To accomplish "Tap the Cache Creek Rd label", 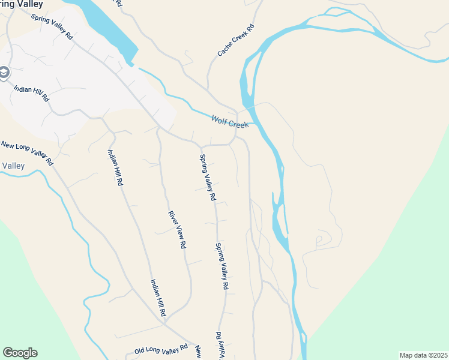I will point(236,41).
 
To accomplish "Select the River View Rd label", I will point(177,230).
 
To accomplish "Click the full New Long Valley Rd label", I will point(27,153).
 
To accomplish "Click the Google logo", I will point(20,353).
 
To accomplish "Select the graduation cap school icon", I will point(4,73).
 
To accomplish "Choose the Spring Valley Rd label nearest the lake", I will point(52,28).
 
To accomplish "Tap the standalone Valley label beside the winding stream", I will point(13,166).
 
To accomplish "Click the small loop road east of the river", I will point(319,240).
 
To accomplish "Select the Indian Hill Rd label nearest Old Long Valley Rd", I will point(157,298).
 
